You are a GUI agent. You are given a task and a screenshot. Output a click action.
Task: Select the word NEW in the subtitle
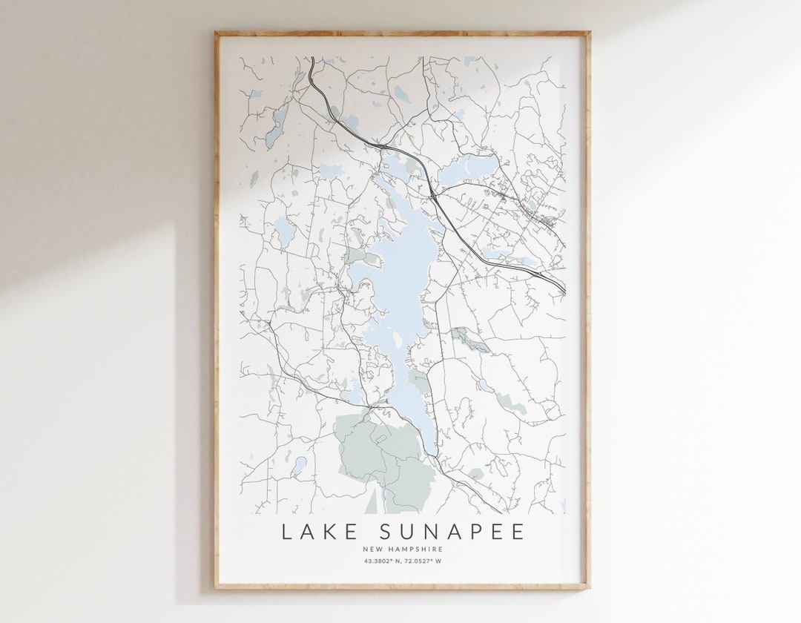pyautogui.click(x=373, y=549)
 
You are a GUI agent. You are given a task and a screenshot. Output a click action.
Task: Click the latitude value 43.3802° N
pyautogui.click(x=383, y=561)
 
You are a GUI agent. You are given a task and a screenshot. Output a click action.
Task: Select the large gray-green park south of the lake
pyautogui.click(x=378, y=452)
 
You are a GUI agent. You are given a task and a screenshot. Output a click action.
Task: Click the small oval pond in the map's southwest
pyautogui.click(x=299, y=466)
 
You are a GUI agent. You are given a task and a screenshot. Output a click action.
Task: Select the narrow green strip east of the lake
pyautogui.click(x=469, y=340)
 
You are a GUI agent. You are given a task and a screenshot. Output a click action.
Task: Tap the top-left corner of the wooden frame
pyautogui.click(x=216, y=33)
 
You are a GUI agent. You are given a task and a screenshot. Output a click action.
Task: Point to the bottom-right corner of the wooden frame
pyautogui.click(x=589, y=587)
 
